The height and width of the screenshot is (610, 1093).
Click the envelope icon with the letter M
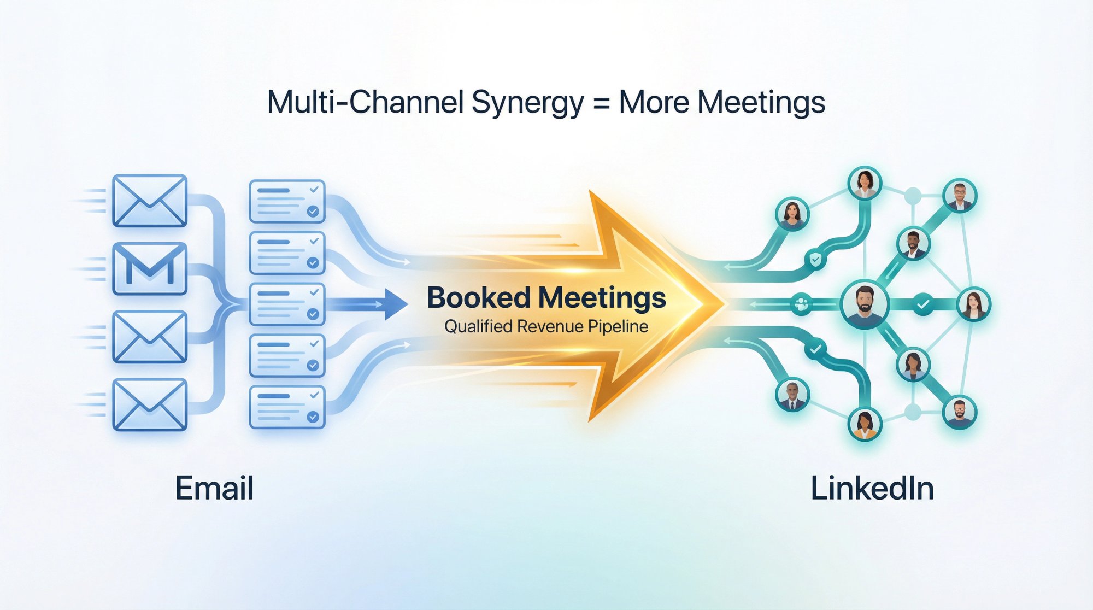point(150,269)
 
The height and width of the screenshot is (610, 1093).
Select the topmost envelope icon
point(150,201)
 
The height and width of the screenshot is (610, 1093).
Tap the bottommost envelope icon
point(150,404)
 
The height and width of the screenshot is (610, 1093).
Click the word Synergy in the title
point(527,103)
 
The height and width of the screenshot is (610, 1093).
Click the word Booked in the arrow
point(479,298)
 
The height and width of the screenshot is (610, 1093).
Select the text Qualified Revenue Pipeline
point(546,327)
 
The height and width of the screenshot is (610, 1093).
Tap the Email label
point(214,488)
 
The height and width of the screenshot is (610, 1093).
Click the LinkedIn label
point(872,488)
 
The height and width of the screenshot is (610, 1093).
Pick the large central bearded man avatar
point(865,304)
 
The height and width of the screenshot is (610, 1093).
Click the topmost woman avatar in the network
point(865,183)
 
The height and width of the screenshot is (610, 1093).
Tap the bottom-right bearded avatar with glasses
point(960,412)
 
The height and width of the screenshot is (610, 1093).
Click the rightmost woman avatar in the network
point(974,304)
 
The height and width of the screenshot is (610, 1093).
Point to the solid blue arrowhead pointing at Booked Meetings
point(396,304)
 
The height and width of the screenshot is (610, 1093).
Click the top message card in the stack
point(287,201)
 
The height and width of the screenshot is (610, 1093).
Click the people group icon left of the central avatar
point(801,304)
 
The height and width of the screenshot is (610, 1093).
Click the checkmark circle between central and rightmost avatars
point(923,304)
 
